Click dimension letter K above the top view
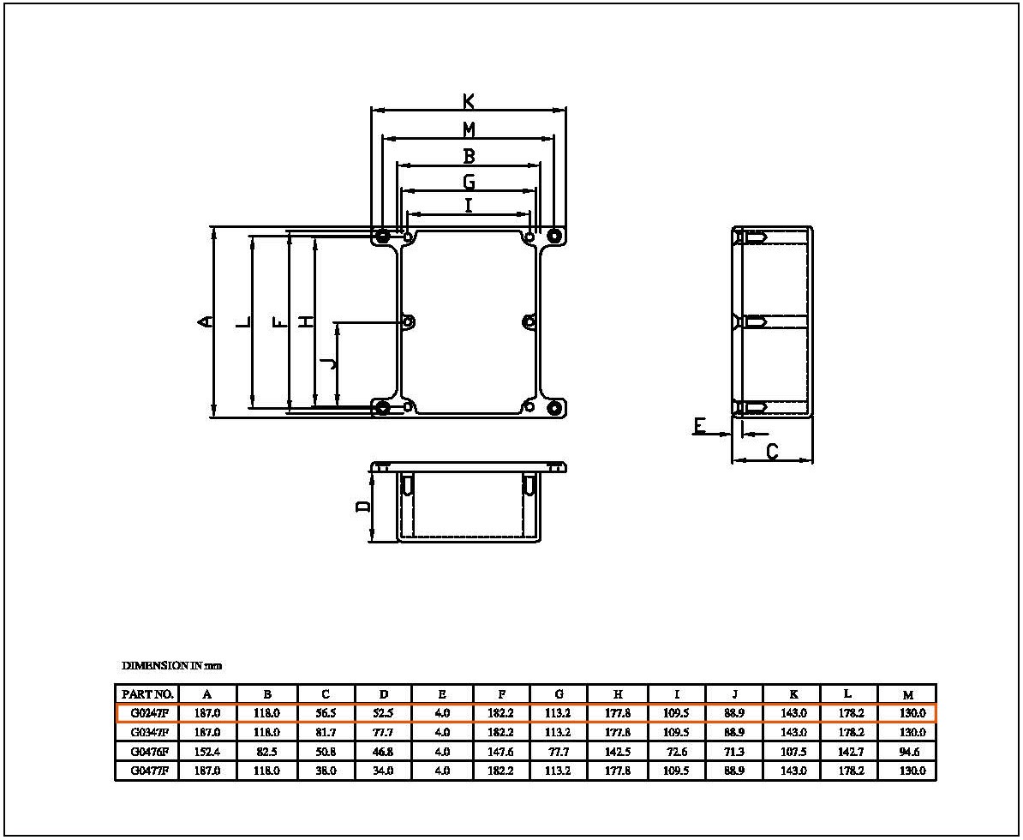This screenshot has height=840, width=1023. point(469,101)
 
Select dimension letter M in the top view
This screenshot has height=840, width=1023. point(469,130)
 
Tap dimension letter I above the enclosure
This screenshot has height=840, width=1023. point(469,206)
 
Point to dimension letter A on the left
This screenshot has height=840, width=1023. point(206,321)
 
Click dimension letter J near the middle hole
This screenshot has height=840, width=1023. point(332,363)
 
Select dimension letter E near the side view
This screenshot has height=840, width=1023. point(699,426)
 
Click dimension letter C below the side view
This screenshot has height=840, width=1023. point(772,451)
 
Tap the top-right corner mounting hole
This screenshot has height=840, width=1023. point(553,236)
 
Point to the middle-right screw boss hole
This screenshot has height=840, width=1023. point(529,321)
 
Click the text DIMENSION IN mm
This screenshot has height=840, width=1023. point(171,666)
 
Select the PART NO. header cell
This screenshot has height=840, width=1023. point(147,694)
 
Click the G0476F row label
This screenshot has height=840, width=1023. point(149,751)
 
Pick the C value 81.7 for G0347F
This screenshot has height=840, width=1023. point(326,732)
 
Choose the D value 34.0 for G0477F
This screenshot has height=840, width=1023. point(383,771)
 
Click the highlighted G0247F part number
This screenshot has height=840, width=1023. point(149,713)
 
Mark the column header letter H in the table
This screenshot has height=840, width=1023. point(618,694)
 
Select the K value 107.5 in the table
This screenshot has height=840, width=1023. point(793,751)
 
